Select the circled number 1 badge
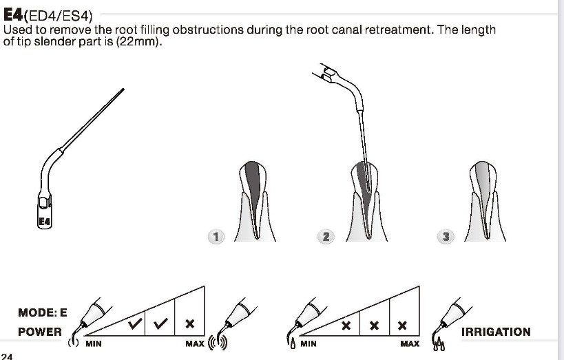pyautogui.click(x=216, y=237)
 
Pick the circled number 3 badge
pyautogui.click(x=446, y=237)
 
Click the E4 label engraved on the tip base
pyautogui.click(x=45, y=222)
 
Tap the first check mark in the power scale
pyautogui.click(x=135, y=321)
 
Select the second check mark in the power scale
pyautogui.click(x=163, y=321)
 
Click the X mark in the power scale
pyautogui.click(x=190, y=321)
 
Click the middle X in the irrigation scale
pyautogui.click(x=375, y=324)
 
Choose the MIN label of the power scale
pyautogui.click(x=93, y=343)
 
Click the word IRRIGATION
pyautogui.click(x=495, y=332)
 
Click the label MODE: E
pyautogui.click(x=43, y=312)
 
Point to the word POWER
pyautogui.click(x=39, y=332)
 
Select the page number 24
pyautogui.click(x=8, y=356)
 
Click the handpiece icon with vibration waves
pyautogui.click(x=235, y=324)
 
